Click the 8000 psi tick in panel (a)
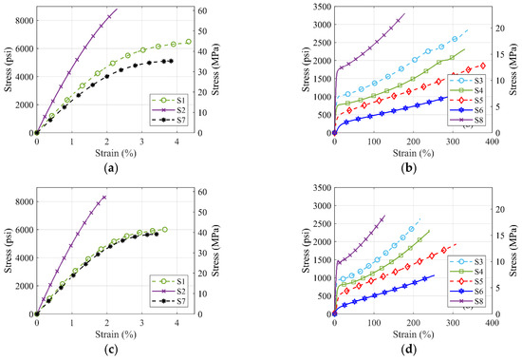(21, 20)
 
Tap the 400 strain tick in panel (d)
(491, 322)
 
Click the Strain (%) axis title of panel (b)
(413, 151)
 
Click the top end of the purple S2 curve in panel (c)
(104, 197)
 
